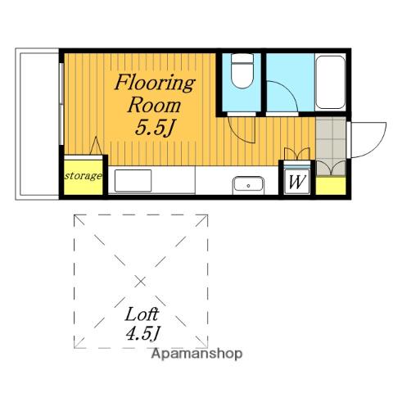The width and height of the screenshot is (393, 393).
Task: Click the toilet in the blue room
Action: [242, 70]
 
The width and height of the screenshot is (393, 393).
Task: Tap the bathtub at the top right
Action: [330, 82]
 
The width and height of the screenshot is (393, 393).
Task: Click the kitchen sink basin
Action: [248, 185]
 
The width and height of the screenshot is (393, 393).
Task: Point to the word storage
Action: [84, 176]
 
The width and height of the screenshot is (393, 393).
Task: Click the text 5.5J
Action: [155, 127]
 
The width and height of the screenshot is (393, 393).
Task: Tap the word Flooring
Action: [155, 84]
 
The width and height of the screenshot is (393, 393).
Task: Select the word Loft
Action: [142, 314]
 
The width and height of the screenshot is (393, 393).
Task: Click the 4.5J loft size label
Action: [142, 333]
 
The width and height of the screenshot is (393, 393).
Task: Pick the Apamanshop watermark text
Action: [196, 354]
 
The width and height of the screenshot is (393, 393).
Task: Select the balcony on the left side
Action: [37, 124]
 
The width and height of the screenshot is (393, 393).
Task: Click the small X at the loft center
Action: [141, 282]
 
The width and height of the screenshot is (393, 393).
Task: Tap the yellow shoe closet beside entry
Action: [331, 186]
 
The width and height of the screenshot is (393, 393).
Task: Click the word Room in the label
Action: [154, 106]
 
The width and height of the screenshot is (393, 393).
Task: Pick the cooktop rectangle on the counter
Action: [133, 180]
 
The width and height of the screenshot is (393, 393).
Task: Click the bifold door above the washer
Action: [297, 154]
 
